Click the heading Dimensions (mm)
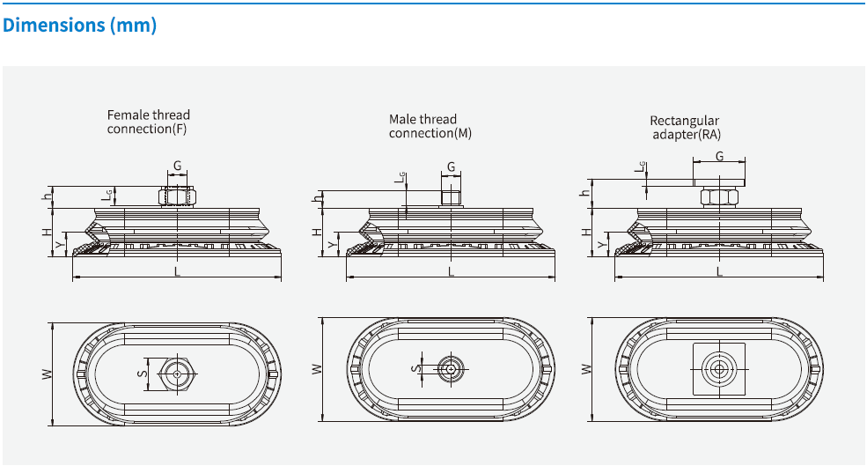coord(79,26)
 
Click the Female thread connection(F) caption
coord(148,122)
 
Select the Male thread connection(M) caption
coord(422,126)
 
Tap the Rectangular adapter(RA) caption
coord(685,128)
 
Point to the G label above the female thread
coord(177,166)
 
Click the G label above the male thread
coord(452,166)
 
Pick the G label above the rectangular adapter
coord(719,156)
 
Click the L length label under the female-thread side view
coord(177,271)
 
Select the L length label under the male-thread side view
coord(452,271)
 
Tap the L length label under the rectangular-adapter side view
coord(719,271)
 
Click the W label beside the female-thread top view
coord(47,374)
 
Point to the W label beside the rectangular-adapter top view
coord(584,368)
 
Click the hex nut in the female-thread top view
coord(178,374)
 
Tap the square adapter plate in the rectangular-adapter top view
coord(719,369)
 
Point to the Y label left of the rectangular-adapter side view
coord(601,244)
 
